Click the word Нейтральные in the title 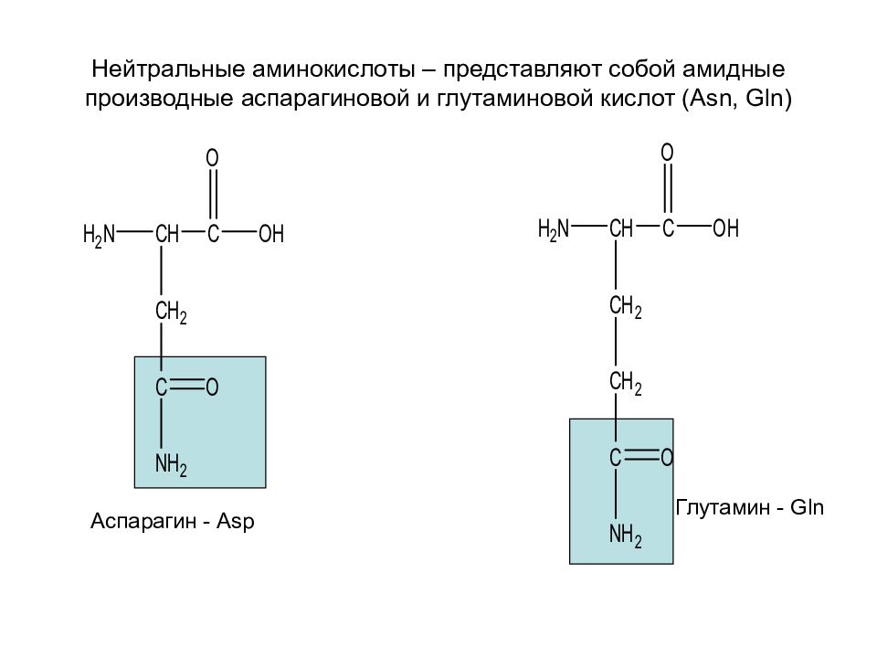168,69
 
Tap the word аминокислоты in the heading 334,69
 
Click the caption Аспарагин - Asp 173,521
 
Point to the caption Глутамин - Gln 749,507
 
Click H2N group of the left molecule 99,235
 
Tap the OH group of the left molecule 271,233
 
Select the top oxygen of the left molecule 212,158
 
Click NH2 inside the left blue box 171,465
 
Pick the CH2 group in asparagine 171,312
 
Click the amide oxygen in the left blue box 212,387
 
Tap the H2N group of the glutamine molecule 554,229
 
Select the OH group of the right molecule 726,228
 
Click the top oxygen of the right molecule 667,153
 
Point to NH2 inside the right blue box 625,536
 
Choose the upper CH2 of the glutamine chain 625,307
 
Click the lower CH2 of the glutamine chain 625,383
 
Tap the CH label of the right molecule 621,228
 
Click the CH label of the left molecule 167,233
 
